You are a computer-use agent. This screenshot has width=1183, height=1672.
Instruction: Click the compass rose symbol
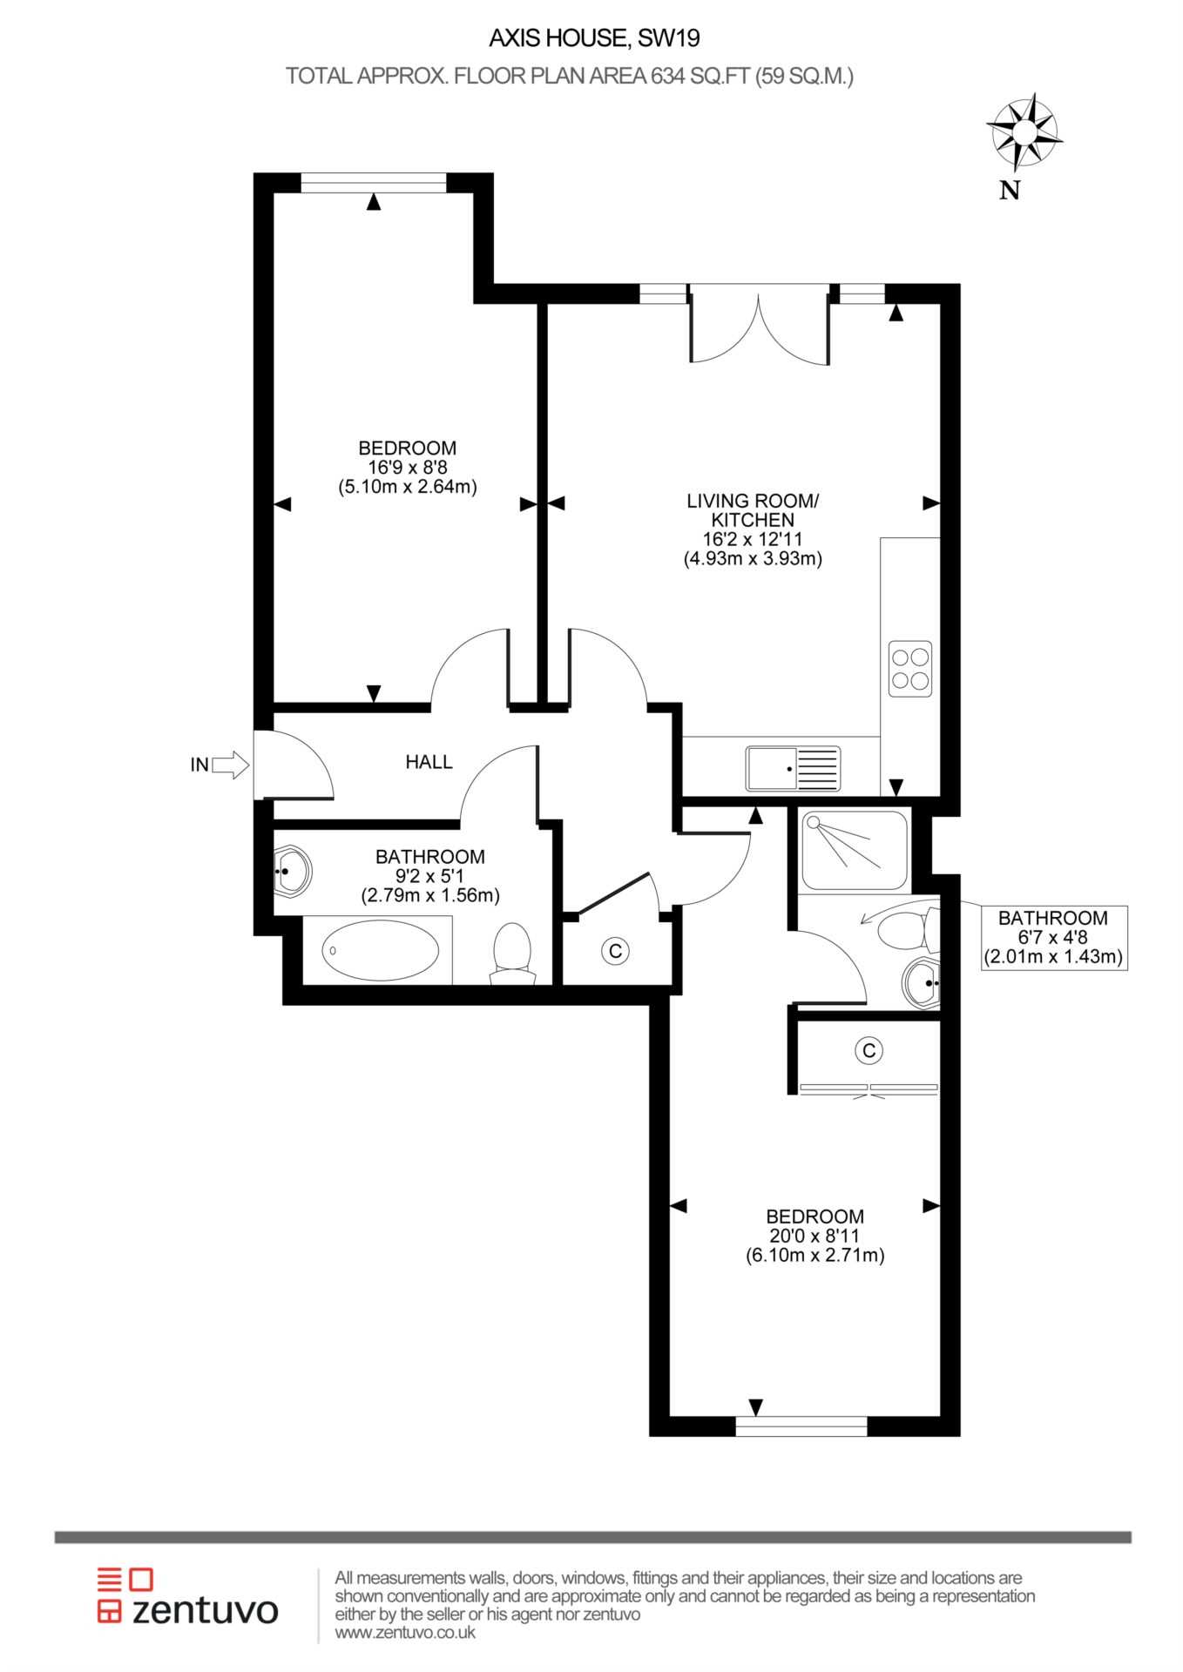coord(1024,132)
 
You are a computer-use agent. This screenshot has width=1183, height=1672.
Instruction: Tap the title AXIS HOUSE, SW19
coord(594,38)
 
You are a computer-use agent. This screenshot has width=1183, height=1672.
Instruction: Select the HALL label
coord(429,762)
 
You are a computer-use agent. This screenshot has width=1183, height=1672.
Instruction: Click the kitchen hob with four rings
coord(910,668)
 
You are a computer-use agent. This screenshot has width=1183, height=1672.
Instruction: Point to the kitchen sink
coord(793,769)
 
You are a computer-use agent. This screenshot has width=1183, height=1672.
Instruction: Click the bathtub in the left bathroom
coord(381,950)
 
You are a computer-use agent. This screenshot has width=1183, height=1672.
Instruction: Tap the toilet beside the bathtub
coord(513,954)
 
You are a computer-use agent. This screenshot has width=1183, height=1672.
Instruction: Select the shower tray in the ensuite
coord(854,850)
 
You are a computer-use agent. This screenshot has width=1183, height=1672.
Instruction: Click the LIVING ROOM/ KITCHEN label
coord(753,510)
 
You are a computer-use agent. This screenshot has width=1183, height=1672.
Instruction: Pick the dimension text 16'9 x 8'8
coord(408,468)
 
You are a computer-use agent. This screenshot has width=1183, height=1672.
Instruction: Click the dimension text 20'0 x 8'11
coord(815,1236)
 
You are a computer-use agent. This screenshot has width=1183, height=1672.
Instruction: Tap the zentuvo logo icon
coord(125,1596)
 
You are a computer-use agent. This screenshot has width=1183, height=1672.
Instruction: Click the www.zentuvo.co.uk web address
coord(405,1633)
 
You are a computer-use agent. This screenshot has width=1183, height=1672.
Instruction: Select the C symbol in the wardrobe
coord(869,1051)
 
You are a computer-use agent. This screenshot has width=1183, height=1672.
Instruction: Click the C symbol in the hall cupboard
coord(616,951)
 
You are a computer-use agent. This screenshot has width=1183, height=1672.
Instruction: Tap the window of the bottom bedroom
coord(801,1426)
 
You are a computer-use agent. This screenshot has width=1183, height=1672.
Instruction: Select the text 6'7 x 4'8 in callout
coord(1052,938)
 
